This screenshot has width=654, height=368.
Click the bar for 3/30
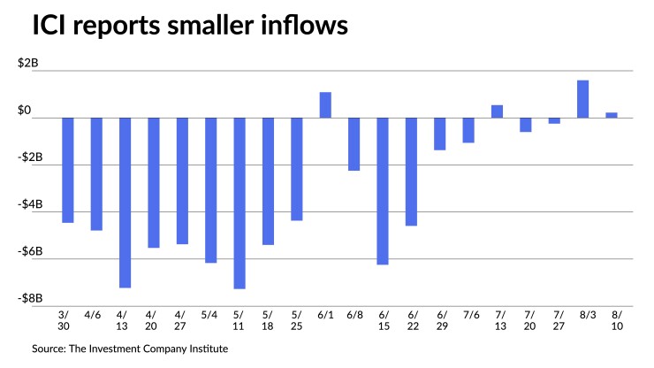click(x=67, y=170)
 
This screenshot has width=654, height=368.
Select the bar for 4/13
click(x=125, y=203)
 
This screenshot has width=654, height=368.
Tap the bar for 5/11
click(x=240, y=203)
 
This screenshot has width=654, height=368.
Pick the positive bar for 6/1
click(x=325, y=104)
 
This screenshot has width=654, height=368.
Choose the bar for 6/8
click(x=354, y=143)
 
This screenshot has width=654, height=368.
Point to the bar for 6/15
click(x=383, y=191)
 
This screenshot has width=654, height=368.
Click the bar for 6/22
click(x=411, y=172)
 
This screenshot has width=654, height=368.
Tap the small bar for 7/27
click(x=554, y=120)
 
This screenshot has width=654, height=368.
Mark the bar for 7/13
click(x=498, y=111)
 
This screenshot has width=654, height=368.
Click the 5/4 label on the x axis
click(x=210, y=314)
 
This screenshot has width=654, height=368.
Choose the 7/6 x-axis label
click(x=468, y=314)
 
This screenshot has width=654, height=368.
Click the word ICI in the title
click(x=56, y=27)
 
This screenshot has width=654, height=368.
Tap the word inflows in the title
click(x=297, y=27)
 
